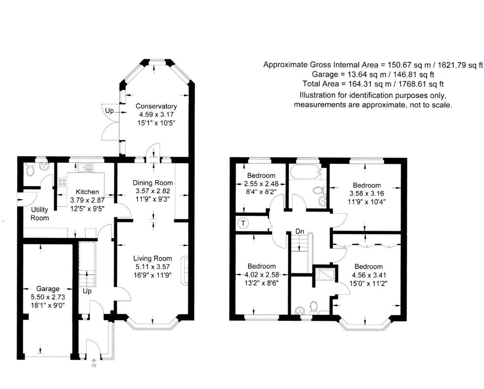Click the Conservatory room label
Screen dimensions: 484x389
(156, 106)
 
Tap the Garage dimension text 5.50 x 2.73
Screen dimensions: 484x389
(48, 297)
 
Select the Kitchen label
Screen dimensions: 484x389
(87, 192)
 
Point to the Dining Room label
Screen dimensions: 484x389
(153, 183)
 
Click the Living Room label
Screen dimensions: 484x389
(153, 258)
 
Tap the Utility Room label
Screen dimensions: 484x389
(39, 214)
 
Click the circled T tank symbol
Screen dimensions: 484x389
(243, 223)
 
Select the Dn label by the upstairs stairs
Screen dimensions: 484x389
(300, 231)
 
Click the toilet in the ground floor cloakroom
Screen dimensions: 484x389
(30, 170)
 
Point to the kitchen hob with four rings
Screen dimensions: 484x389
(62, 182)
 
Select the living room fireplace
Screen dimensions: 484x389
(184, 270)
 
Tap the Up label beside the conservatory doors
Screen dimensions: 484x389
(109, 111)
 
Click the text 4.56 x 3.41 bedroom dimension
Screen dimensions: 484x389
(368, 275)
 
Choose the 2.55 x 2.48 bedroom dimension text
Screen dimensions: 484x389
(261, 184)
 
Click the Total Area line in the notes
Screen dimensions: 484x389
(373, 84)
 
